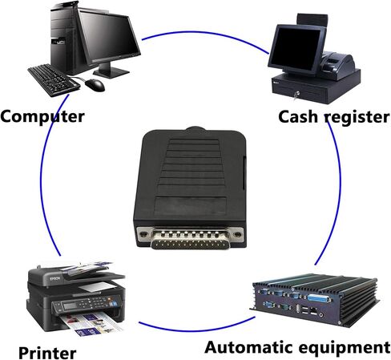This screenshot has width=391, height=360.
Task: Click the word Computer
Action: click(x=42, y=116)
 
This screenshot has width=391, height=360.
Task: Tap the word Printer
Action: click(x=47, y=353)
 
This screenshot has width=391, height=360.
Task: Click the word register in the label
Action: click(x=357, y=118)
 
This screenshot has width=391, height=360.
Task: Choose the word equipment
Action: click(x=345, y=348)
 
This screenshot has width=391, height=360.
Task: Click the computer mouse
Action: click(x=95, y=85)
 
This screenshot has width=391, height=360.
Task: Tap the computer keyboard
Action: click(x=54, y=80)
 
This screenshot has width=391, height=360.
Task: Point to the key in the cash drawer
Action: click(x=296, y=95)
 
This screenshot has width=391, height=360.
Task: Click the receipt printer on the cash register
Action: click(x=337, y=64)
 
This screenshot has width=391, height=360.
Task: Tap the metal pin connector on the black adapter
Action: click(x=190, y=239)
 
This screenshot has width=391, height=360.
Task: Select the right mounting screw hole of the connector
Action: click(x=236, y=234)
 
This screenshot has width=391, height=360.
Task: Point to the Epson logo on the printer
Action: click(x=55, y=279)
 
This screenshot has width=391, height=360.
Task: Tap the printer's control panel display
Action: click(x=70, y=306)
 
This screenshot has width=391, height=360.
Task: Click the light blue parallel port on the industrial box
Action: click(x=320, y=298)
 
